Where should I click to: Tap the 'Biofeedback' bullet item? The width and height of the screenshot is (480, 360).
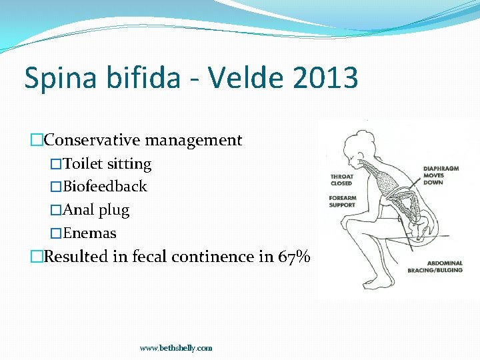[x=105, y=187]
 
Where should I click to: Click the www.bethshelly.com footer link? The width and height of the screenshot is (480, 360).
[x=176, y=348]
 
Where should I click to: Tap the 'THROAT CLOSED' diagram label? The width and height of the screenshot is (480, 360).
[x=341, y=180]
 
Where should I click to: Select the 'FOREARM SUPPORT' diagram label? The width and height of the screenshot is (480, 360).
[x=342, y=201]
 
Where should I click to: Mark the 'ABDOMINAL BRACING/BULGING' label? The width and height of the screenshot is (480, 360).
[x=435, y=267]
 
